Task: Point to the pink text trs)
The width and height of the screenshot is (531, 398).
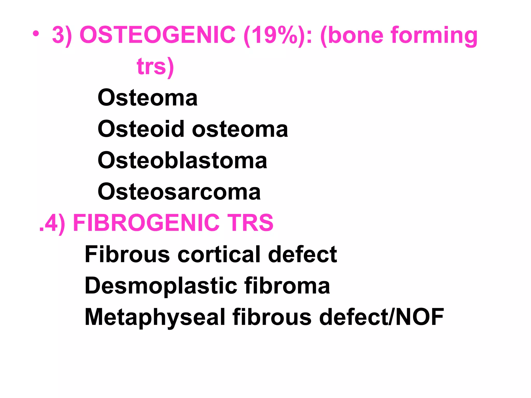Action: tap(155, 67)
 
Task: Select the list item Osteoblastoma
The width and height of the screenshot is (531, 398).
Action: tap(182, 160)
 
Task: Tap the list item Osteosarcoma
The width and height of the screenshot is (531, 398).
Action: tap(179, 192)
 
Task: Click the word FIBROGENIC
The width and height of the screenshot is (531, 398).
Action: tap(146, 223)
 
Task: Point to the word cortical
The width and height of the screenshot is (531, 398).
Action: tap(219, 254)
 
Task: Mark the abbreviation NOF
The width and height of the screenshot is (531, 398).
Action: tap(420, 317)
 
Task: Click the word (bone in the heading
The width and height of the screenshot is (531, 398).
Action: tap(352, 35)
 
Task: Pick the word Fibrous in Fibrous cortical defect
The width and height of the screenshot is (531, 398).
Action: tap(127, 254)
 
